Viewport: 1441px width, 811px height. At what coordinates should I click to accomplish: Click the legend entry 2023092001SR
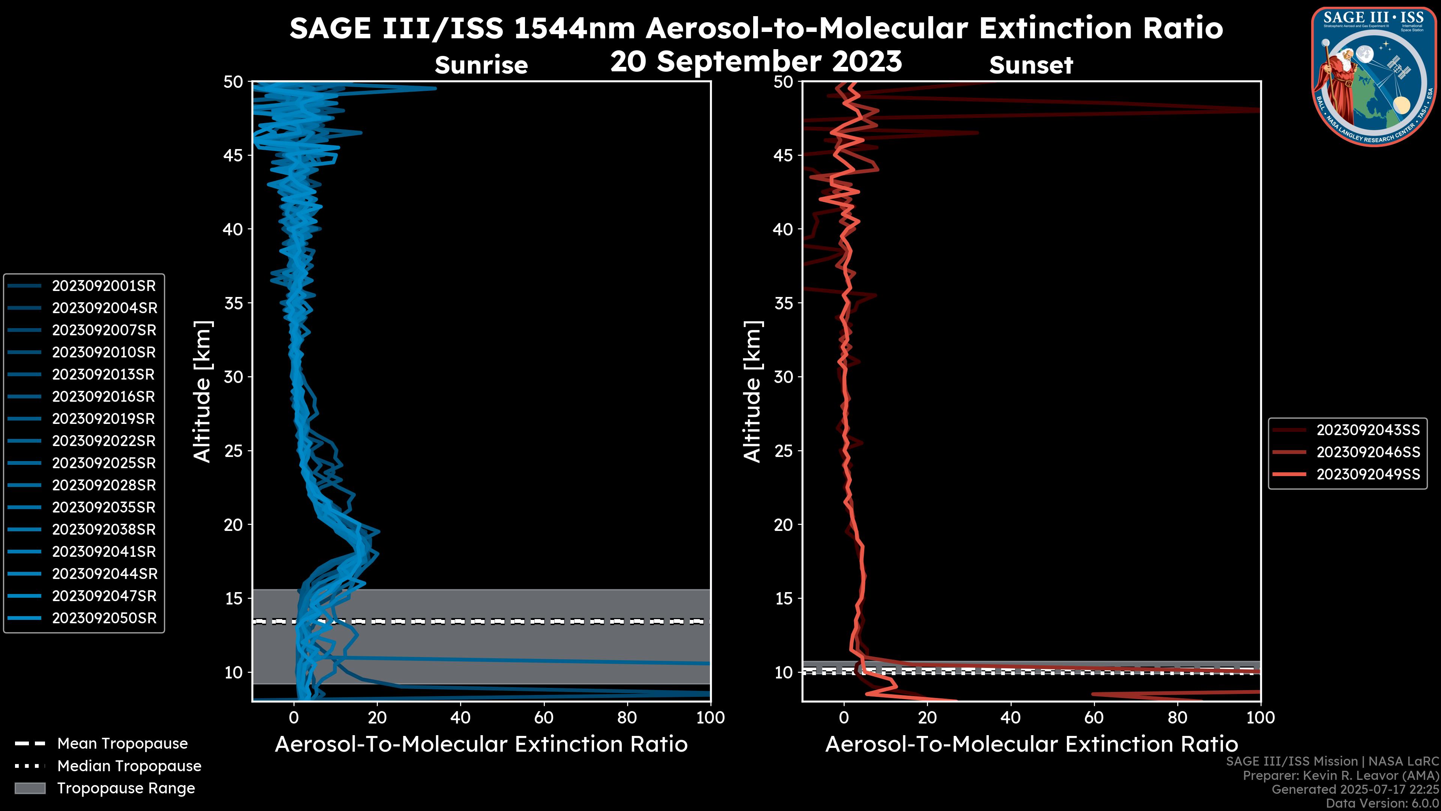tap(104, 286)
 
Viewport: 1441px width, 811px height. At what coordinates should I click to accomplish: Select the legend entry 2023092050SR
tap(104, 618)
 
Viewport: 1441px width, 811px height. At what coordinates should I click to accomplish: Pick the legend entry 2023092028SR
tap(104, 485)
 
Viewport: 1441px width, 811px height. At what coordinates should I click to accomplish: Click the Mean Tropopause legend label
tap(122, 744)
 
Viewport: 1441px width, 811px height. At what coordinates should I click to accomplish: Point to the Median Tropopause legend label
tap(129, 766)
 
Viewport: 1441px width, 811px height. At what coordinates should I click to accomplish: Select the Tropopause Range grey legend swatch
tap(30, 788)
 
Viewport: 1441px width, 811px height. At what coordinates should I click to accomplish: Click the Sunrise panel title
tap(481, 65)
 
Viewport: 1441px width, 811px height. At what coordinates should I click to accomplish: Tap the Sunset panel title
tap(1031, 65)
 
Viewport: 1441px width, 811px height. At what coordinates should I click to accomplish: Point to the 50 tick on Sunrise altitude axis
tap(233, 82)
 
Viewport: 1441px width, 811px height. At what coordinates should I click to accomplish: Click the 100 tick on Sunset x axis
tap(1260, 718)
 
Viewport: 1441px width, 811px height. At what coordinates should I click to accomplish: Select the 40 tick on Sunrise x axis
tap(460, 718)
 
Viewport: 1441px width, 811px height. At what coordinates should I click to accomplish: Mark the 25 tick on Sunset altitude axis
tap(784, 451)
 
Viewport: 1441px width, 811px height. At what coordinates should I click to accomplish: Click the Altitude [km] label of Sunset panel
tap(753, 392)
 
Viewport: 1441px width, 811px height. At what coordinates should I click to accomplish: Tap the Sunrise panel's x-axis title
tap(481, 745)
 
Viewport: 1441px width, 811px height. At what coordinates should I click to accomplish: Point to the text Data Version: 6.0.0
tap(1383, 803)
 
